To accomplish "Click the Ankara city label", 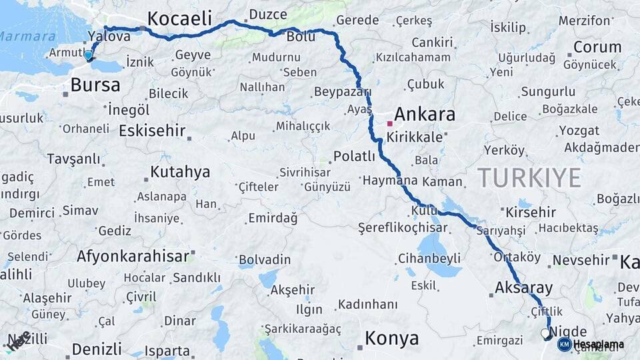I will [x=425, y=114].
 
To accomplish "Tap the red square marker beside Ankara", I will [x=390, y=123].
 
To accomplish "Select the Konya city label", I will [x=392, y=339].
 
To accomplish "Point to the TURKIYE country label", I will [x=529, y=177].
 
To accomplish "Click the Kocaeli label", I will [x=179, y=18].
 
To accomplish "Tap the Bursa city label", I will [x=95, y=85].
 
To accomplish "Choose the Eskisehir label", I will [x=151, y=130].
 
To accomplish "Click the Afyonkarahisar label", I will [x=133, y=256].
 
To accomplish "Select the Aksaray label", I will [x=524, y=288].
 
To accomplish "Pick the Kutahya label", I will [x=180, y=172].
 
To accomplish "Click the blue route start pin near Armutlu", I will [x=89, y=56].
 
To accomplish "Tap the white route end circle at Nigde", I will [x=545, y=333].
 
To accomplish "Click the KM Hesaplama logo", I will [x=591, y=344].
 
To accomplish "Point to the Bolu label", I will [x=301, y=37].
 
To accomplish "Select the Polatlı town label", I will [x=355, y=157].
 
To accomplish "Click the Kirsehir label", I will [x=531, y=212].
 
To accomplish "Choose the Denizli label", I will [x=97, y=349].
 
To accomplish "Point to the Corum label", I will [x=597, y=47].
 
